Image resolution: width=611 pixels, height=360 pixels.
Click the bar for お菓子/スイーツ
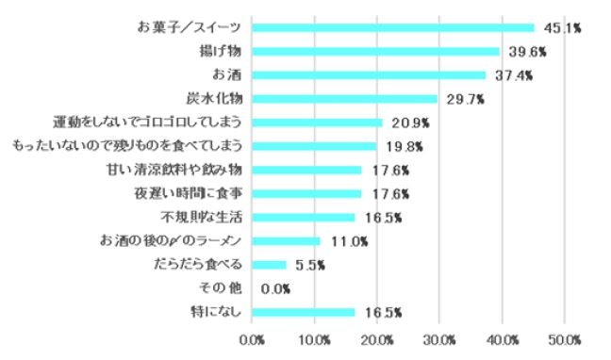[393, 27]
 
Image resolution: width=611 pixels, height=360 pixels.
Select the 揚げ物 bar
[376, 51]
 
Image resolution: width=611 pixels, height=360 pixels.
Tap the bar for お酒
[369, 74]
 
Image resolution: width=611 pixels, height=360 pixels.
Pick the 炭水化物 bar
[345, 98]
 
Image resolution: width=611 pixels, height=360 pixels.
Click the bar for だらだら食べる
[270, 265]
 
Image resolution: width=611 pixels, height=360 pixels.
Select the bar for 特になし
[304, 312]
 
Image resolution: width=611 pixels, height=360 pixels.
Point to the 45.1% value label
[561, 28]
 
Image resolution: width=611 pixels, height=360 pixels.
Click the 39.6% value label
[526, 52]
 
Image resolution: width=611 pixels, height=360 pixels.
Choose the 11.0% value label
[348, 241]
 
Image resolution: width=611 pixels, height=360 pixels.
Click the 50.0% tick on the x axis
[565, 338]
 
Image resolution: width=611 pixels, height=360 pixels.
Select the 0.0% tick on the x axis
[252, 338]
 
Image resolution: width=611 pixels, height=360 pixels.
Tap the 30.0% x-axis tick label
[439, 338]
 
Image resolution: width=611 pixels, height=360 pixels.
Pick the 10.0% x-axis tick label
[314, 338]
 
